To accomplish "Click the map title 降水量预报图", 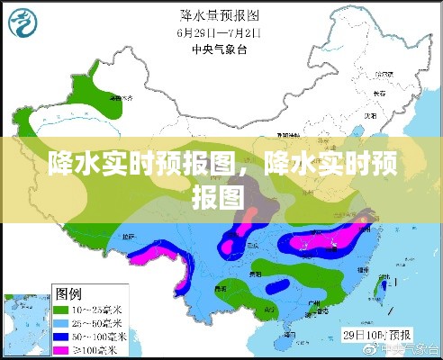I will [221, 15].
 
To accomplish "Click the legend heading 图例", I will [68, 294].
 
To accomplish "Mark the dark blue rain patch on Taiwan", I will [385, 284].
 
